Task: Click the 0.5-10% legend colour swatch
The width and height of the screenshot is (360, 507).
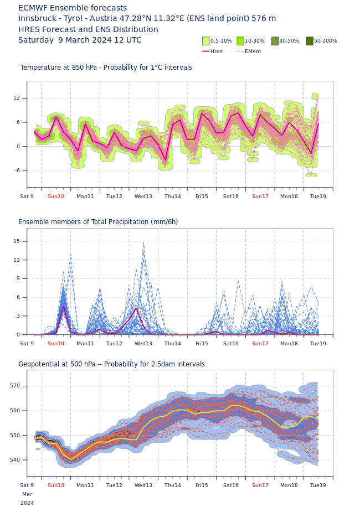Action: [x=206, y=41]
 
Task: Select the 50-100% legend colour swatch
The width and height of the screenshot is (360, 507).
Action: [x=310, y=41]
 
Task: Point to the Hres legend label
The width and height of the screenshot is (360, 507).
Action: [x=217, y=51]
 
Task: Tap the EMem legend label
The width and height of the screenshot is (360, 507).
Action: [x=253, y=51]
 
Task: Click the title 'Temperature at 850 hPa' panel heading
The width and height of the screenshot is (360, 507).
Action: [x=106, y=68]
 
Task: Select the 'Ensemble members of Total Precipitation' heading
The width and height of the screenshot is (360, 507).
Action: [x=98, y=222]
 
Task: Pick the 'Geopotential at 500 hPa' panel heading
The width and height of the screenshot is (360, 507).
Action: [x=111, y=364]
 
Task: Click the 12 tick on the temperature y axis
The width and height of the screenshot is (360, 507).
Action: [x=17, y=98]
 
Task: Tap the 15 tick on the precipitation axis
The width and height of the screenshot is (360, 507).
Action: [x=17, y=241]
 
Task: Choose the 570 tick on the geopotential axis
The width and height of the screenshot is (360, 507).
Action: [x=15, y=386]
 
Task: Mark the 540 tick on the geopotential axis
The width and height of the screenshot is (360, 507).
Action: [x=15, y=460]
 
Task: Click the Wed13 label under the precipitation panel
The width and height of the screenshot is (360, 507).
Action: [x=143, y=344]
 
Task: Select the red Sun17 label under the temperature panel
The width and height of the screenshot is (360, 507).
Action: [x=260, y=196]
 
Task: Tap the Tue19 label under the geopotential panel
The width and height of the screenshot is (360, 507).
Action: [x=318, y=485]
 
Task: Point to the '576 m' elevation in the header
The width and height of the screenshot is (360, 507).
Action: [x=264, y=19]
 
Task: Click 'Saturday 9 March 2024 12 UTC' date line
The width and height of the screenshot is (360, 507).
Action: [x=80, y=40]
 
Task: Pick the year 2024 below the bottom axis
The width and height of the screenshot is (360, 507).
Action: [x=27, y=503]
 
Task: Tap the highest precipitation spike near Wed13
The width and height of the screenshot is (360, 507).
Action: [x=143, y=242]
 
